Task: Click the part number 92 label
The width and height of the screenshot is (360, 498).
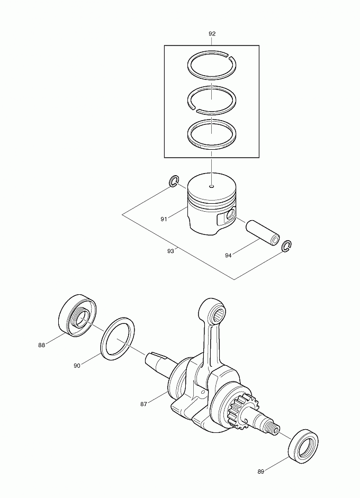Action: tap(212, 34)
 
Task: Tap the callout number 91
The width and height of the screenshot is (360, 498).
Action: tap(164, 219)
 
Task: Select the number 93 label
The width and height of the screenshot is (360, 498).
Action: tap(170, 251)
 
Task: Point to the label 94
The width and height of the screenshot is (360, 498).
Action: tap(228, 255)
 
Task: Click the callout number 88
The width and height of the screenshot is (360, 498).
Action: tap(42, 345)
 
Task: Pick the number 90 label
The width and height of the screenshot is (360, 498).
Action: tap(77, 366)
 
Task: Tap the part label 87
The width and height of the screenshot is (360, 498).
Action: tap(143, 404)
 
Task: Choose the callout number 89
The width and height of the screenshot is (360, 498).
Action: tap(260, 472)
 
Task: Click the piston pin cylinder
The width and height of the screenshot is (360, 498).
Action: tap(263, 233)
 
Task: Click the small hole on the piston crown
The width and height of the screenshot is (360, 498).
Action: tap(212, 186)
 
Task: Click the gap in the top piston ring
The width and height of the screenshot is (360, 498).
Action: tap(231, 57)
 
